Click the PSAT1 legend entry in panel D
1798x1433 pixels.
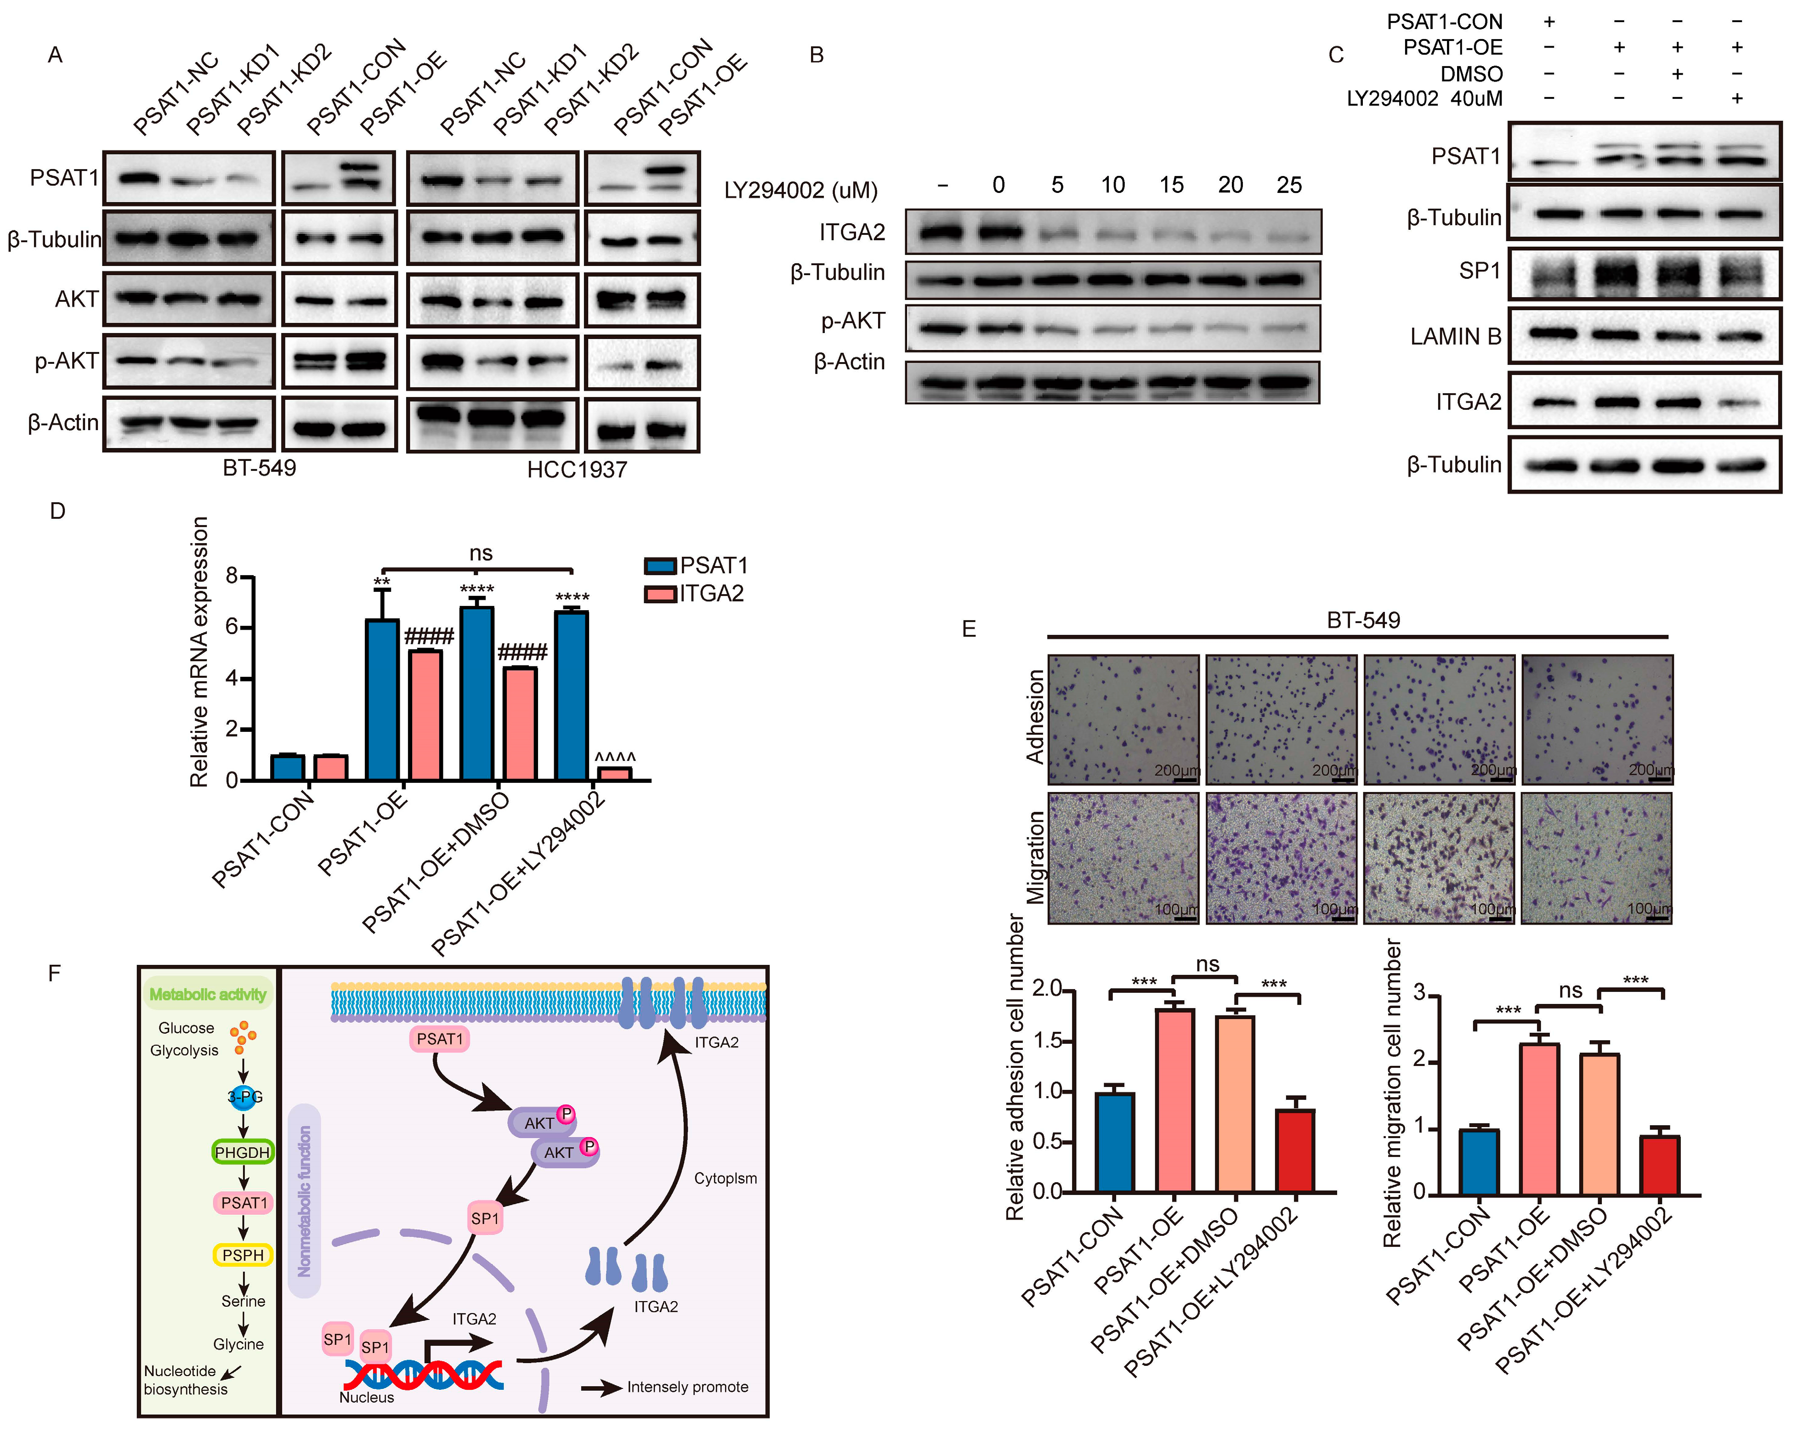696,566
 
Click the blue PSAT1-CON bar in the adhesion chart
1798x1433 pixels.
1114,1142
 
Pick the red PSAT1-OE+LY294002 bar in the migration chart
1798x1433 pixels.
1659,1165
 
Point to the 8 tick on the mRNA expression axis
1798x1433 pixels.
232,576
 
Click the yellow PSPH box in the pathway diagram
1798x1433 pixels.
243,1255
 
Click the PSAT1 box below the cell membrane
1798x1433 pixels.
439,1039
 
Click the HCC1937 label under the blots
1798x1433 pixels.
576,470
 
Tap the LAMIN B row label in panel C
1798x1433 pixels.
1455,337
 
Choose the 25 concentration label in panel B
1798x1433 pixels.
1288,185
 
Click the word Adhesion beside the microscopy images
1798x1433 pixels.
1035,717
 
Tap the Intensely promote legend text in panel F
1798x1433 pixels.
687,1386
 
